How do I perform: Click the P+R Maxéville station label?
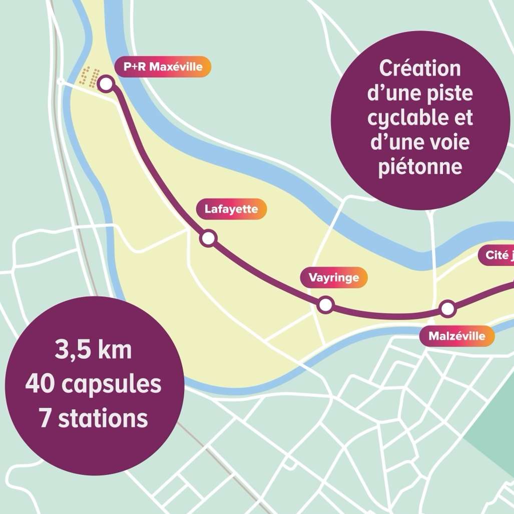pos(163,67)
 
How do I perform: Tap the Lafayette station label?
pos(231,209)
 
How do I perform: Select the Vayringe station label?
pos(334,277)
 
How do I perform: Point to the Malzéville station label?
pos(457,336)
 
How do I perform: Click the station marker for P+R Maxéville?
pos(106,84)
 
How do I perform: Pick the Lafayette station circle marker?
pos(208,239)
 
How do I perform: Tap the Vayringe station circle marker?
pos(325,304)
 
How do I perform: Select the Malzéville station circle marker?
pos(447,309)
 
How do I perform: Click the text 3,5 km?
pos(93,350)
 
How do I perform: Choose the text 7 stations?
pos(94,418)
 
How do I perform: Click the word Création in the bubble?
pos(419,68)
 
